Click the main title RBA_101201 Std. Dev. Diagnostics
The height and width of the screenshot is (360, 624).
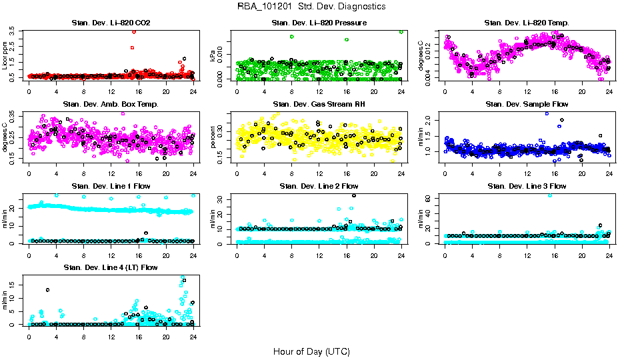[311, 7]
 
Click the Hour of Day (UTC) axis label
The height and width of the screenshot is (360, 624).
[311, 351]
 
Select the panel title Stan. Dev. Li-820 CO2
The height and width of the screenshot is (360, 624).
[111, 23]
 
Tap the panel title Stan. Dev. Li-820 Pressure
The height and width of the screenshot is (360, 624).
[319, 23]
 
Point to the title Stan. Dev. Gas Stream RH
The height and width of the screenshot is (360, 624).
[319, 104]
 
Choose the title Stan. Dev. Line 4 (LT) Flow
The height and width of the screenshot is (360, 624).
[111, 267]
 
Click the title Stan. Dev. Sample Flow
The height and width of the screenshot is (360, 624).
[527, 104]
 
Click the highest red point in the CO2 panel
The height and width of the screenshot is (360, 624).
[134, 31]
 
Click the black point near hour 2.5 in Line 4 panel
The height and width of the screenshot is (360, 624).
[47, 289]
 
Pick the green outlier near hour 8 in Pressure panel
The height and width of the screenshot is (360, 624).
[292, 37]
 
